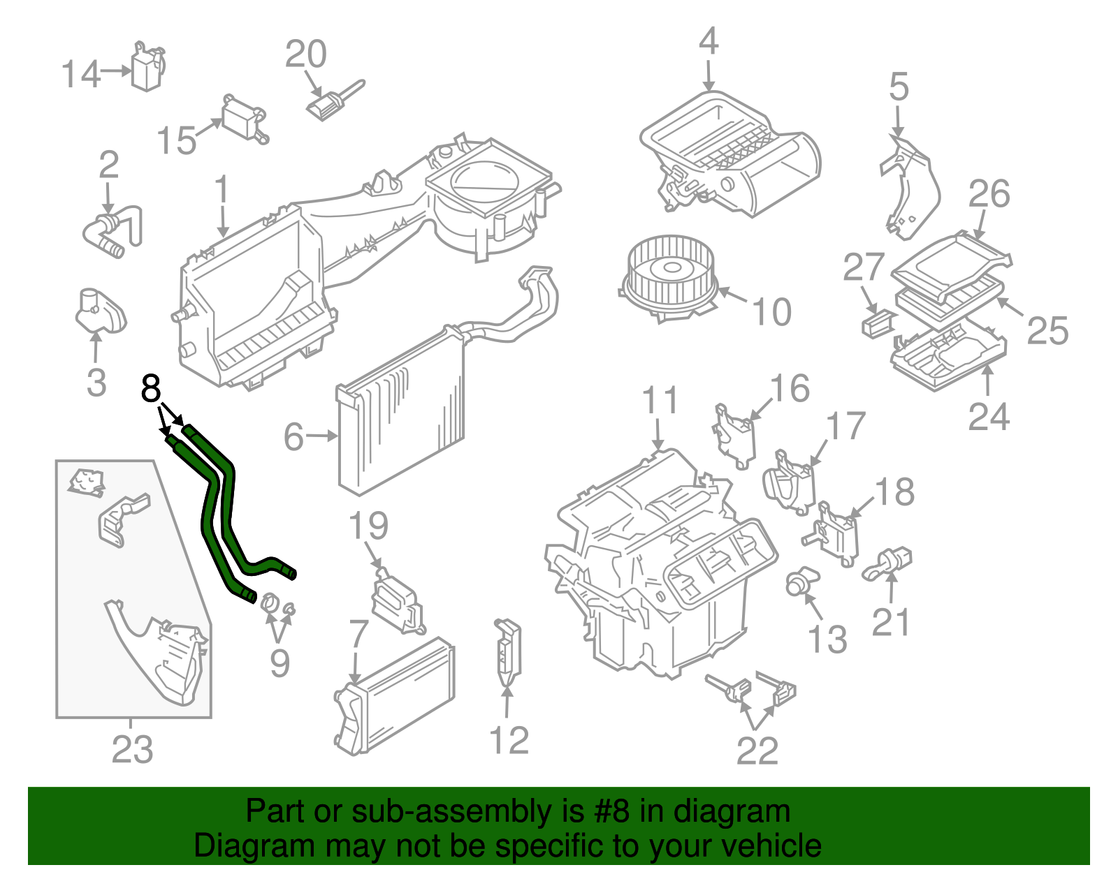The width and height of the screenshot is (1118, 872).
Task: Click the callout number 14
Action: [81, 74]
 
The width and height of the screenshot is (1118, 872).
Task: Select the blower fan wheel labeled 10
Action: [670, 276]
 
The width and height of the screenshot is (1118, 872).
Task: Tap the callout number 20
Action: [305, 54]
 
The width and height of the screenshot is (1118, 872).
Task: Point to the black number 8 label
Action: [151, 388]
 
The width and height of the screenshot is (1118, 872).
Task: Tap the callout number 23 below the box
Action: [132, 749]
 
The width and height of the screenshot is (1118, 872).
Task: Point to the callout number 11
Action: [660, 401]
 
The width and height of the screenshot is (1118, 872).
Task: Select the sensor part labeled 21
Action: [889, 563]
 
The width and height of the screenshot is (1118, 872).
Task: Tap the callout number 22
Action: [757, 751]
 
